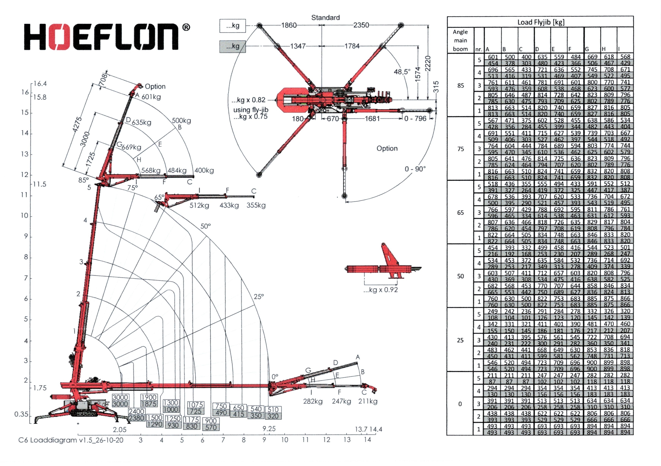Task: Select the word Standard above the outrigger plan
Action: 325,18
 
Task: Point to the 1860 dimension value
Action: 289,25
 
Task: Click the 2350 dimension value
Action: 361,25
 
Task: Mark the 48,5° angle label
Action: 402,72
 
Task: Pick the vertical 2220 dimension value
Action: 428,64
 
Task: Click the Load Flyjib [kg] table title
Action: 541,22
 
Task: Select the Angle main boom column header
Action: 460,40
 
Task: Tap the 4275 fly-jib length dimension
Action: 77,125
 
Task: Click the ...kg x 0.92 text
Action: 380,290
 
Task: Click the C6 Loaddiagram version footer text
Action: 71,440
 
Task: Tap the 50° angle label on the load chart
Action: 205,226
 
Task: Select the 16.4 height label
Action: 40,84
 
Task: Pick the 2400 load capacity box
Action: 136,411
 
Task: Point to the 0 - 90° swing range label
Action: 415,169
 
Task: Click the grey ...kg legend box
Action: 233,46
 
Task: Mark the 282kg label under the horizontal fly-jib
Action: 313,401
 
